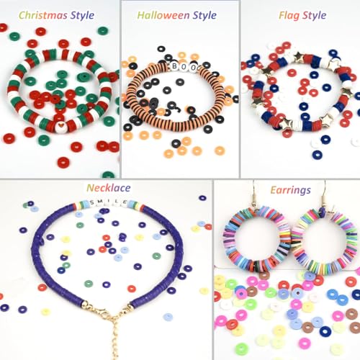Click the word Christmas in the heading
[x=42, y=15]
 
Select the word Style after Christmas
[x=82, y=16]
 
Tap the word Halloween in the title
[x=163, y=15]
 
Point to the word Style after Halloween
[x=204, y=16]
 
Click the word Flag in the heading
[x=289, y=16]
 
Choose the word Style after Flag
[x=314, y=16]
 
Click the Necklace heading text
[x=109, y=188]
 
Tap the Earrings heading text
[x=290, y=190]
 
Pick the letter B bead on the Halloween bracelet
[x=174, y=66]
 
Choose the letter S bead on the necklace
[x=92, y=203]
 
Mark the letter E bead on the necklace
[x=125, y=202]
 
